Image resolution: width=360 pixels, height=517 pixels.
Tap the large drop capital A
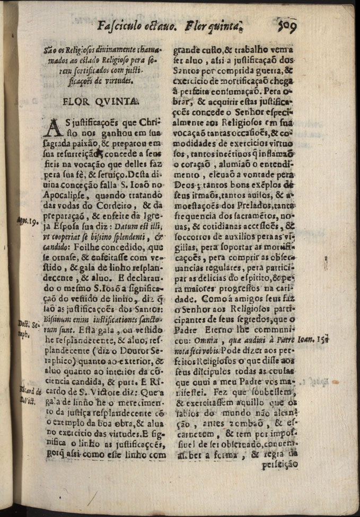tap(55, 131)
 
